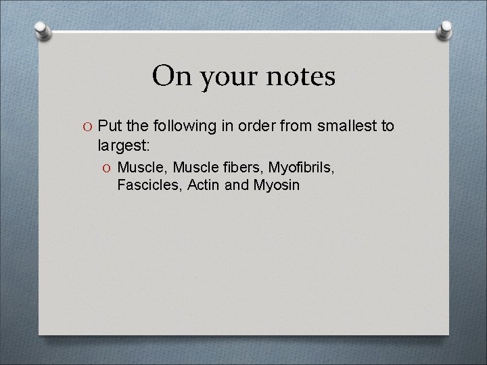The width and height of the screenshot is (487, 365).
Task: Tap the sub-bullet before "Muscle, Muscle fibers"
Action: point(106,166)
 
